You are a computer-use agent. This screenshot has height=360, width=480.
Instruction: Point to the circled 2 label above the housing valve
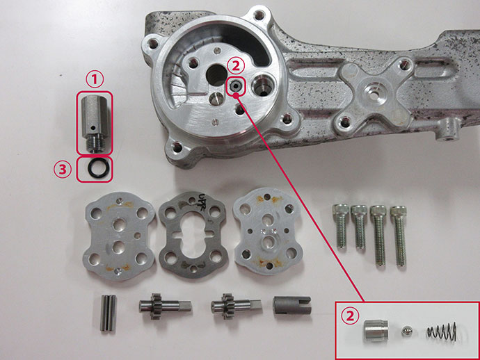238,65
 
